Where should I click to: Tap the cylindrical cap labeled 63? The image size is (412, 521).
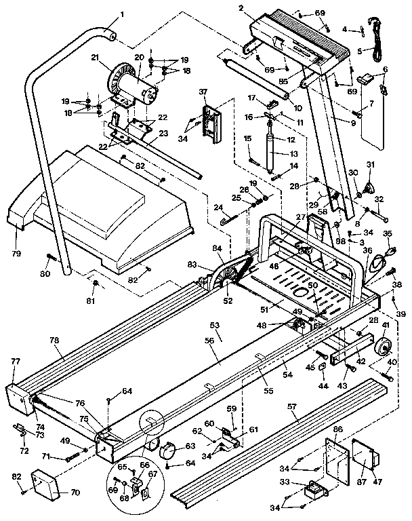pos(165,450)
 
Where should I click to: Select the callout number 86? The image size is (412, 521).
pos(338,430)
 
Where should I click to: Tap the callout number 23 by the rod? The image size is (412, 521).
pos(162,134)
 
